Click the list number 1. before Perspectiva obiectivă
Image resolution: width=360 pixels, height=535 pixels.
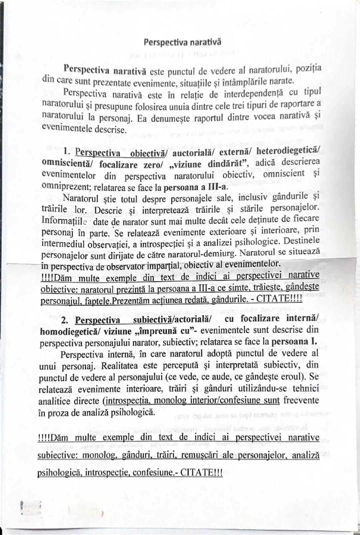click(x=68, y=152)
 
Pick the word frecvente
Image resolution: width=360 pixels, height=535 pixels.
click(x=301, y=400)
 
